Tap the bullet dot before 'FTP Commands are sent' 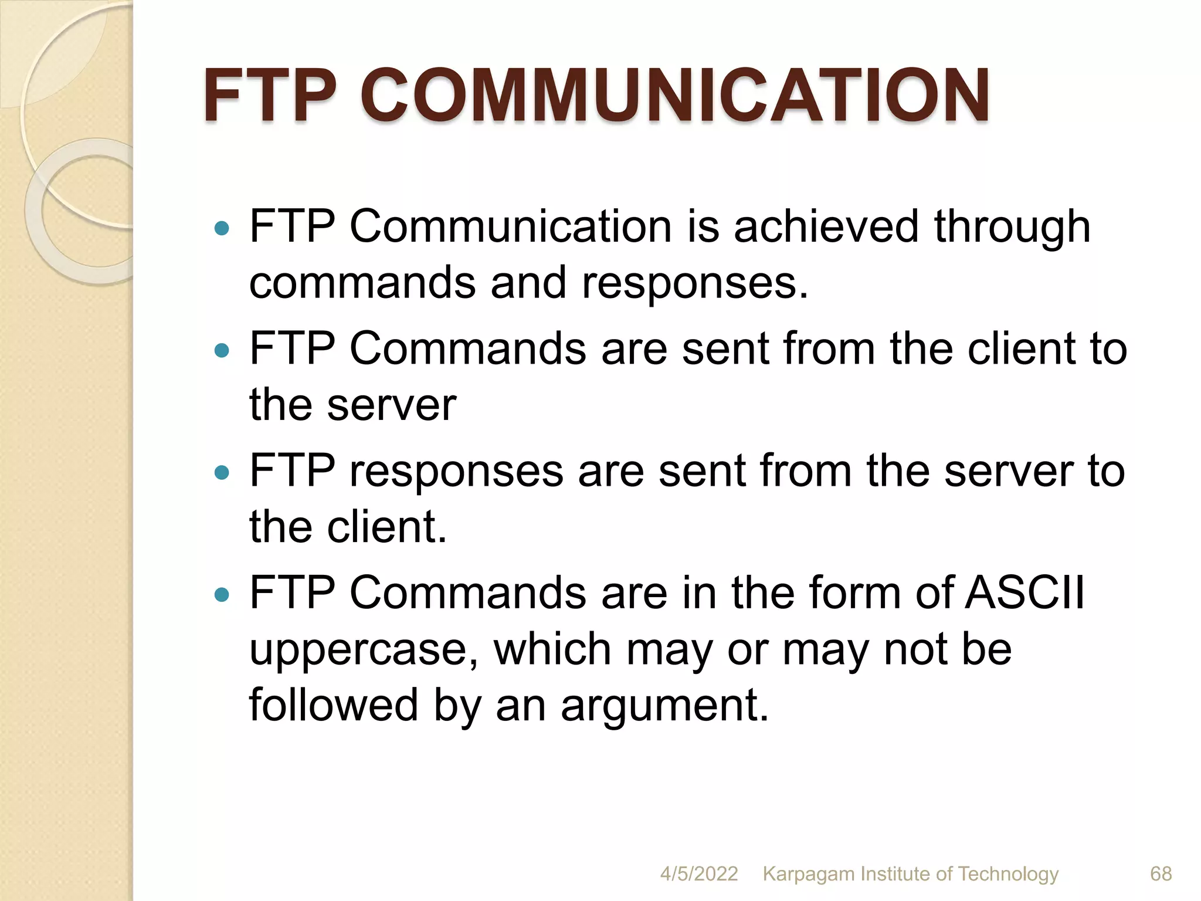222,350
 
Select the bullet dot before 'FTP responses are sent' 222,472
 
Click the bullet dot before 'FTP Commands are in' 222,595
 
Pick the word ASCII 1025,592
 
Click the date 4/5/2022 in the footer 699,873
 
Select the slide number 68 1161,873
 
